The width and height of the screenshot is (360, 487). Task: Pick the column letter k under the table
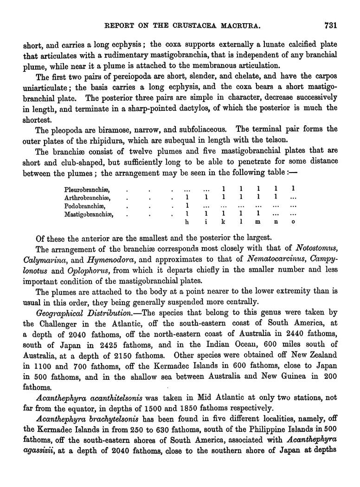tap(223, 223)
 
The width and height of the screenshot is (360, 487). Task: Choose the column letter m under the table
tap(258, 223)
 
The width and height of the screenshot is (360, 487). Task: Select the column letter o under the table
tap(293, 223)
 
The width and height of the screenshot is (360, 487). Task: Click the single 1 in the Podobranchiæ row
tap(186, 205)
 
